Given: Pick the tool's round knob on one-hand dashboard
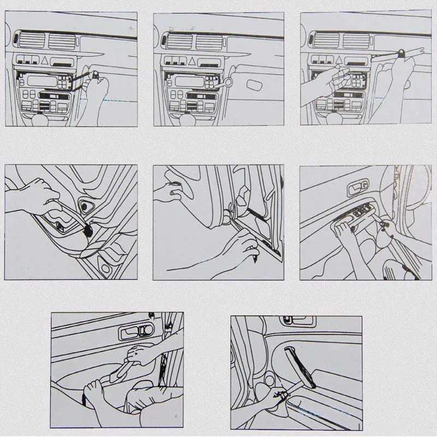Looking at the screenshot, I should click(96, 75).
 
